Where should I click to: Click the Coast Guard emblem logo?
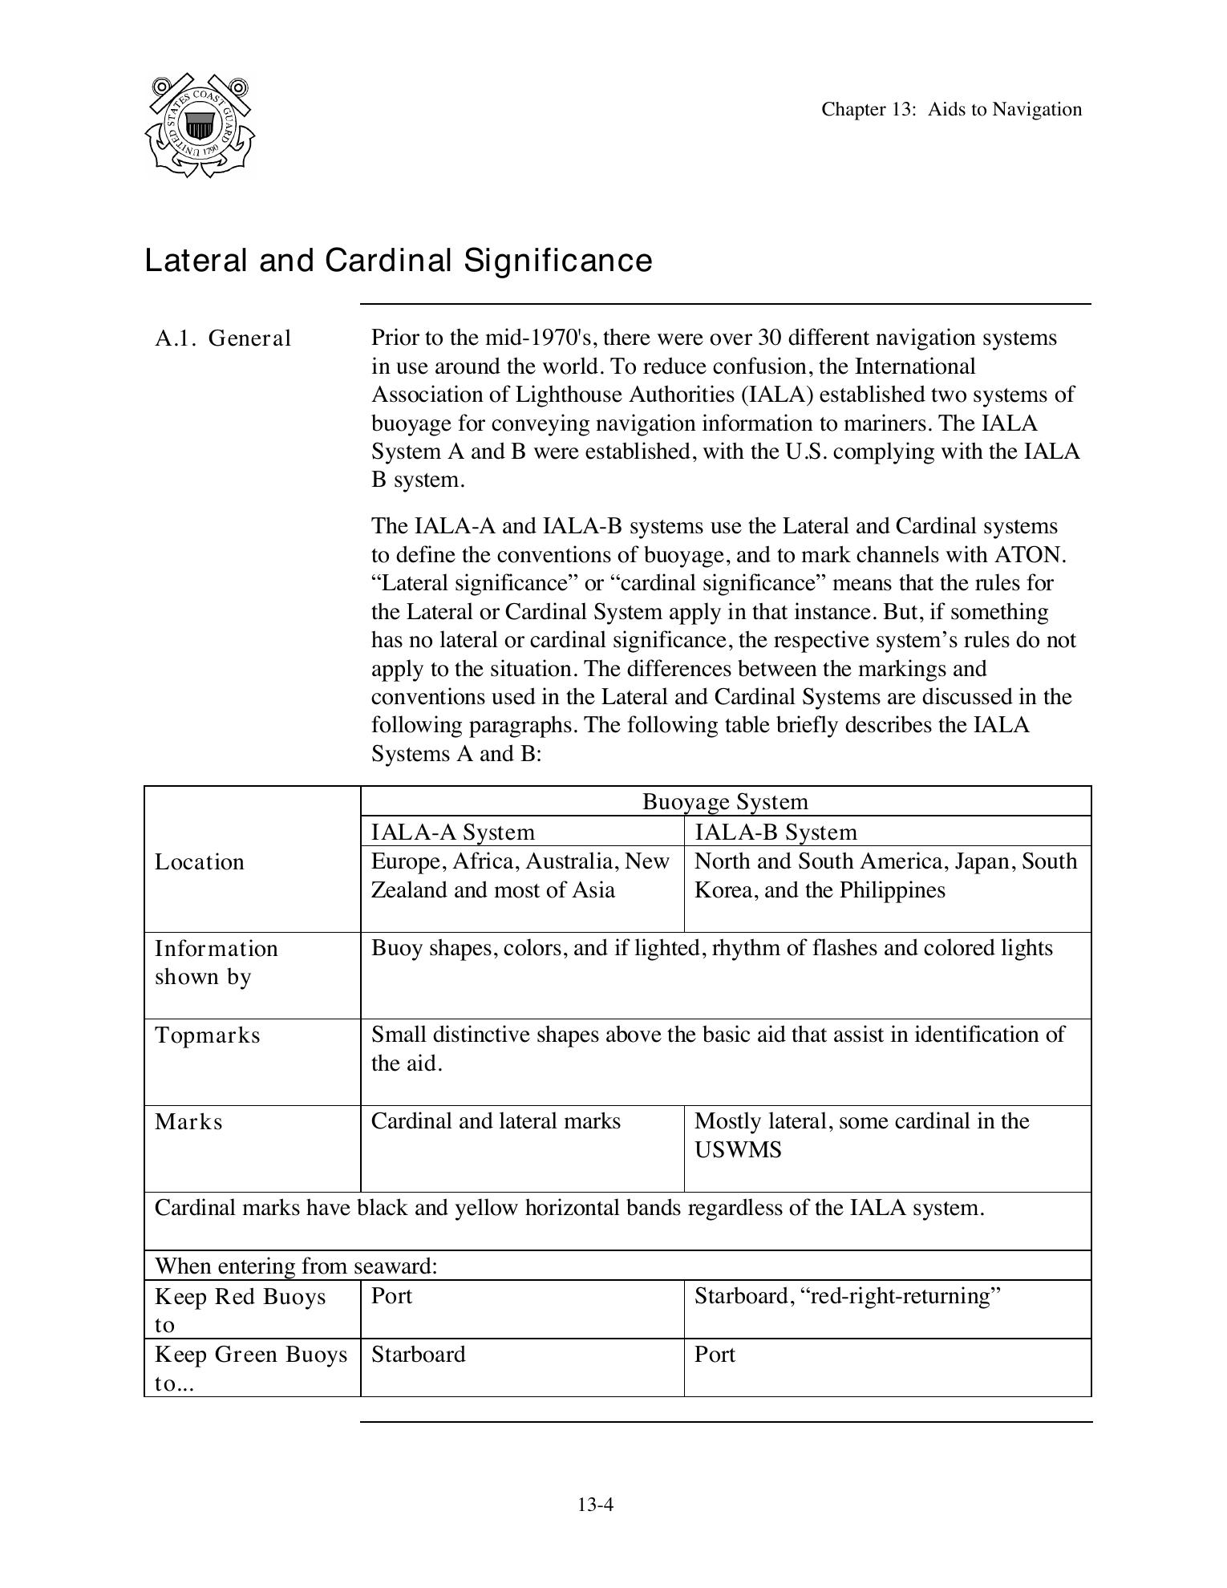click(200, 124)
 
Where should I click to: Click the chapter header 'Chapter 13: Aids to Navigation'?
click(951, 109)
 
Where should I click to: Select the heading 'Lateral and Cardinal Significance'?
click(398, 261)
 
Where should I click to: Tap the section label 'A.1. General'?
click(223, 338)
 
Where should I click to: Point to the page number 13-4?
click(595, 1505)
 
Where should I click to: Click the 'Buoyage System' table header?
click(725, 801)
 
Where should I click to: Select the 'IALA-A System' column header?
click(452, 832)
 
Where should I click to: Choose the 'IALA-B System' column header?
click(775, 832)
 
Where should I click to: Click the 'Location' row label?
click(200, 862)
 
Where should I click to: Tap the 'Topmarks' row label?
click(208, 1035)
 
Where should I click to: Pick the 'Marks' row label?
click(188, 1122)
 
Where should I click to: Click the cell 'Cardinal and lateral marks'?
click(496, 1121)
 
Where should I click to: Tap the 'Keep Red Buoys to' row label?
click(240, 1310)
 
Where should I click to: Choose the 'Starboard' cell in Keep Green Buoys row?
click(418, 1355)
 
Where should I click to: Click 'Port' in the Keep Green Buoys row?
click(715, 1355)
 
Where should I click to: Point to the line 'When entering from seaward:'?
click(296, 1266)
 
